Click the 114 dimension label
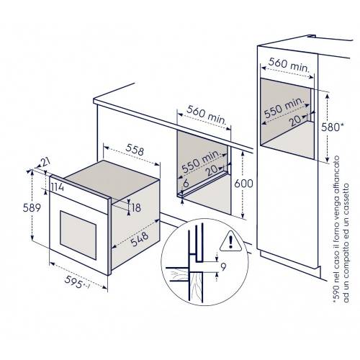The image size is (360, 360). click(58, 189)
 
